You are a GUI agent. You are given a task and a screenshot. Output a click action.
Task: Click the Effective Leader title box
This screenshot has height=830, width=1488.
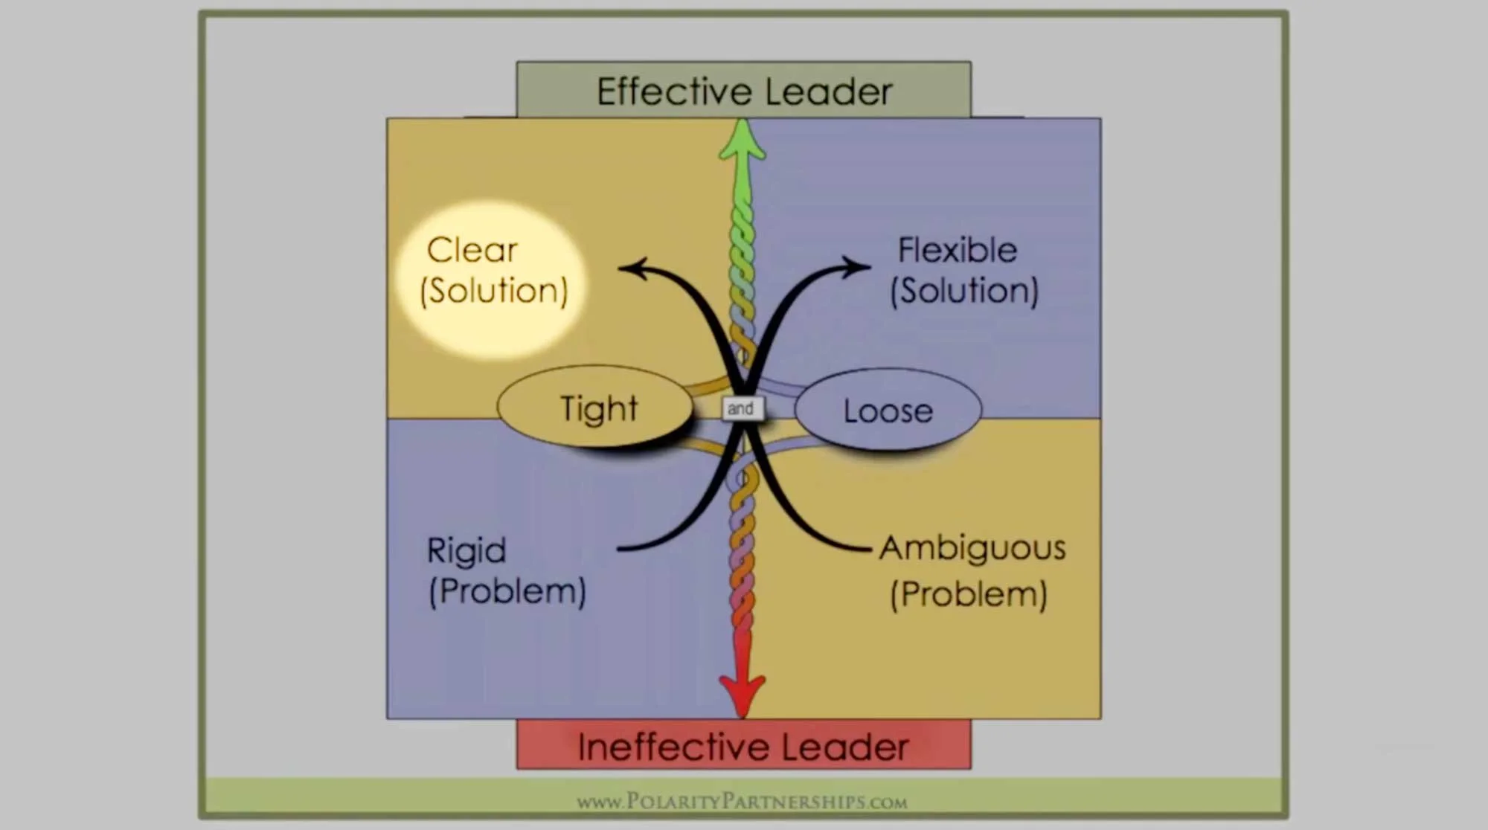pos(744,90)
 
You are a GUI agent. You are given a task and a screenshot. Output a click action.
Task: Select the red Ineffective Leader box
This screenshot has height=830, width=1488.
pos(744,745)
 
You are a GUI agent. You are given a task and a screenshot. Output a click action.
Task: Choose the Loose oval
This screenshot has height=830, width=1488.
pos(888,411)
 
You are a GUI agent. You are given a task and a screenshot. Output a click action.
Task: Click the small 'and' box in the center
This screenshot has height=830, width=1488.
pos(741,408)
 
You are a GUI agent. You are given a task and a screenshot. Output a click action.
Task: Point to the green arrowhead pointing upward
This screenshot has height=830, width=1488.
pos(743,141)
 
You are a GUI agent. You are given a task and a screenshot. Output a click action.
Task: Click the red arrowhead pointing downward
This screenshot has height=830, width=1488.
pos(743,692)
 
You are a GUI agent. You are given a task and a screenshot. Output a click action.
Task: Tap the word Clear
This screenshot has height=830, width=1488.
pos(472,250)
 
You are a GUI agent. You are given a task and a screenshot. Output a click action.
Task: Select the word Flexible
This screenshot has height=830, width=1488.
pos(957,250)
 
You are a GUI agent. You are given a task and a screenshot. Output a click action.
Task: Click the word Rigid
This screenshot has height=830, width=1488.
pos(466,551)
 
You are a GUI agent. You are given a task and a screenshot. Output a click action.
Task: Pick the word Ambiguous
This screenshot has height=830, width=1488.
pos(972,548)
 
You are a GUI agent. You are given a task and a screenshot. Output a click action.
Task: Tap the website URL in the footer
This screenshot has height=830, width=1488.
pos(742,802)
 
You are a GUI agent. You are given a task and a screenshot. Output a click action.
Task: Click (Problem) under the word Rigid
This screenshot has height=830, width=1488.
pos(507,591)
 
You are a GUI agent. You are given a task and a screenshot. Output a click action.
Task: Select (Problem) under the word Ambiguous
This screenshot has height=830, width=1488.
pos(969,594)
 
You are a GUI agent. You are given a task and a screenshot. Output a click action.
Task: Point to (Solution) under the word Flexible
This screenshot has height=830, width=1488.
pos(964,291)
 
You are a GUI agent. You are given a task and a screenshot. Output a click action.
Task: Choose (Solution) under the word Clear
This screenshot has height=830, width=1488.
pos(494,291)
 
